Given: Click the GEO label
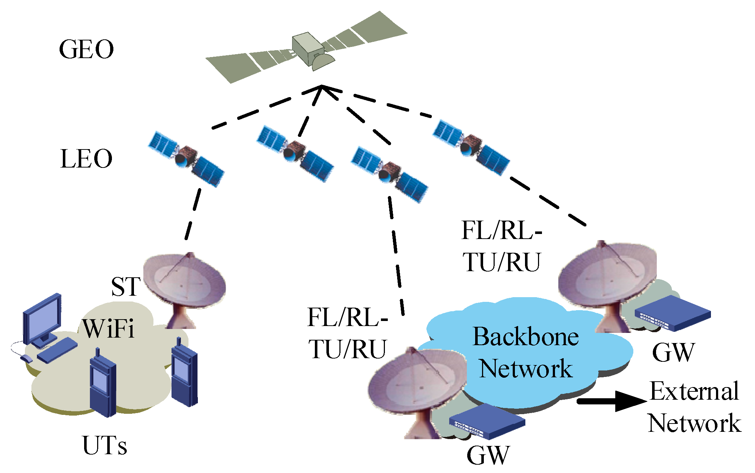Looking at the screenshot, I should (86, 49).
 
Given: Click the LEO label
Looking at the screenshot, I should (86, 159).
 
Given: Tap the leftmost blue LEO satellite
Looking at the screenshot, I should (186, 159).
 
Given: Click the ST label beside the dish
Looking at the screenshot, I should (125, 287).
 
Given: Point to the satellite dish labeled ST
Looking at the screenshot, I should (185, 285).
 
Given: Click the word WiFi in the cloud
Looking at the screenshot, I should (108, 329).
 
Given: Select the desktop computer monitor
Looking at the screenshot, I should (43, 320).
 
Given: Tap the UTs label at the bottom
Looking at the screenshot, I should (105, 446).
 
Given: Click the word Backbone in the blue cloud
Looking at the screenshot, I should (526, 337).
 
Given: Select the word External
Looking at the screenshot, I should (694, 391).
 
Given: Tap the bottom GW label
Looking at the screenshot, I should (488, 456).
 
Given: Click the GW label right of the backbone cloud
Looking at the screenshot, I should (673, 352).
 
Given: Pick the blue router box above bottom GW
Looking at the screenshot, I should (487, 421).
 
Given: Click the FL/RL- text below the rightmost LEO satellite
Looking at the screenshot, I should (502, 230).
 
